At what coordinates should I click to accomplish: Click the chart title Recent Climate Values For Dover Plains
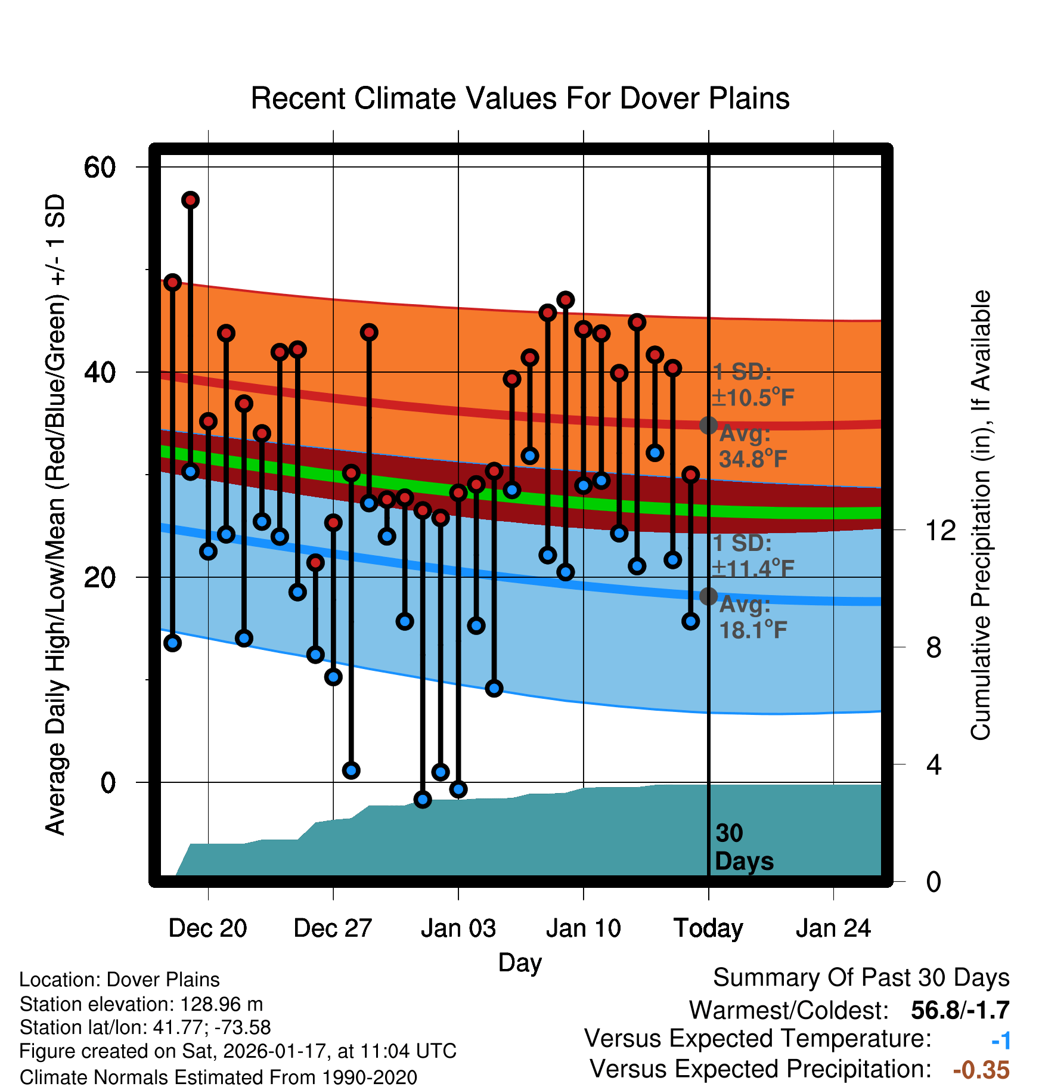tap(520, 98)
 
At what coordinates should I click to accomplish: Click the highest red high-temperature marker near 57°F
tap(190, 200)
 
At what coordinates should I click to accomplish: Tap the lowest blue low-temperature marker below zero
tap(423, 800)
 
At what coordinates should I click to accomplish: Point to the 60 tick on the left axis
tap(100, 167)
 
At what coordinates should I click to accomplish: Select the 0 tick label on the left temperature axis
tap(108, 782)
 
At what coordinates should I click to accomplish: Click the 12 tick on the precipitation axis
tap(941, 530)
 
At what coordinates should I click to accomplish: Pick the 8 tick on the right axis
tap(934, 648)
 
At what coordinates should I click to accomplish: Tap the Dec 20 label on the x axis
tap(207, 928)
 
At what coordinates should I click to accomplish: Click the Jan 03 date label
tap(458, 928)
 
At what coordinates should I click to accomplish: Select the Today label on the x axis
tap(708, 928)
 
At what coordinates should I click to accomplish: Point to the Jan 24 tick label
tap(833, 928)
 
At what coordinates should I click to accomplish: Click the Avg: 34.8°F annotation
tap(753, 447)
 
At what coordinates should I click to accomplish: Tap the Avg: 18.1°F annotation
tap(753, 618)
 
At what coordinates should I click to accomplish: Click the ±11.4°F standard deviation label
tap(753, 568)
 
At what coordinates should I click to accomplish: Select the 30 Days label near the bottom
tap(743, 847)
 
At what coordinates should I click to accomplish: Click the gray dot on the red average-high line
tap(708, 425)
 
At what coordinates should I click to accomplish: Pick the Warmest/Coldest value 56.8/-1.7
tap(960, 1010)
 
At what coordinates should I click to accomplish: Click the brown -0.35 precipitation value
tap(981, 1070)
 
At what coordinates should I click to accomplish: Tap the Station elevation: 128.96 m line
tap(141, 1004)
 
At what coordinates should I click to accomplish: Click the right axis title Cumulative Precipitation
tap(981, 515)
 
